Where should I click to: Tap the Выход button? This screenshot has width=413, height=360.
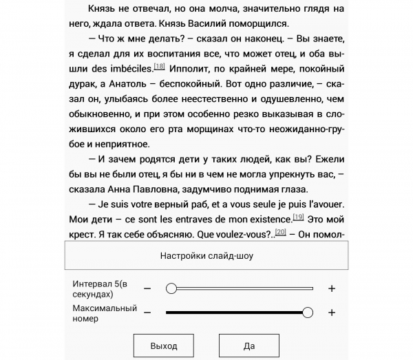[164, 346]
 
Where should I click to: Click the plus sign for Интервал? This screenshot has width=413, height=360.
[332, 288]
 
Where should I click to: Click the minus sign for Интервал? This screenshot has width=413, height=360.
[147, 288]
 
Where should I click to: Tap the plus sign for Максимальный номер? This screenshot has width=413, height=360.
[332, 313]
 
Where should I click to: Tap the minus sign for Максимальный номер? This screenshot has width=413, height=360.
[147, 313]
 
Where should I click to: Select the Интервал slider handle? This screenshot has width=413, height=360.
[171, 288]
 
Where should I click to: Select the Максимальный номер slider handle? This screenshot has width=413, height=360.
[308, 313]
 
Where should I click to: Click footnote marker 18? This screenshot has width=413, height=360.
[159, 66]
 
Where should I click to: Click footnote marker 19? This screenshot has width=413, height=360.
[298, 217]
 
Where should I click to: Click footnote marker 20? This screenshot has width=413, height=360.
[280, 232]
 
